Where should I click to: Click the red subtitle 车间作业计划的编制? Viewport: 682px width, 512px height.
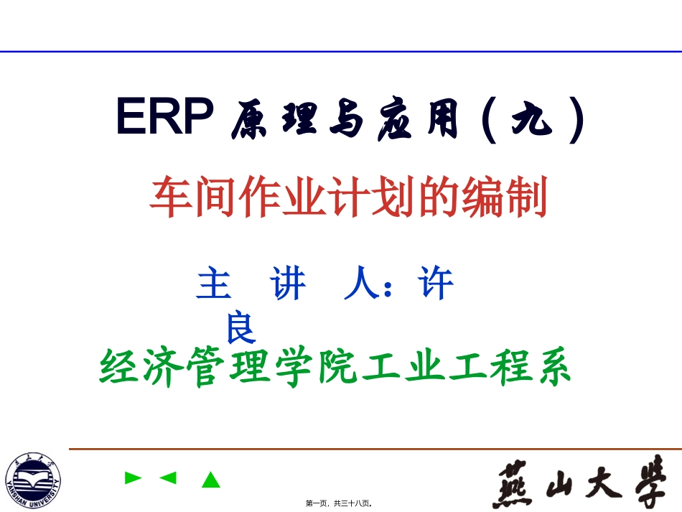(x=348, y=198)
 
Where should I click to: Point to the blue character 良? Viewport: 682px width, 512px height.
(x=240, y=328)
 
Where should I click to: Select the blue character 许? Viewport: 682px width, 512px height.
(x=437, y=284)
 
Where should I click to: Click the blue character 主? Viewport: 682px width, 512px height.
(x=213, y=284)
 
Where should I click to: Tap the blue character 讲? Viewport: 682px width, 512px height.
(x=289, y=284)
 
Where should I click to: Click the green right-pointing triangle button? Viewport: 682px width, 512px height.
(x=133, y=478)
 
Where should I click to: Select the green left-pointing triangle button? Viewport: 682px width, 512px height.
(x=168, y=478)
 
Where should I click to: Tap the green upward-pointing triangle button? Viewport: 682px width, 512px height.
(x=210, y=479)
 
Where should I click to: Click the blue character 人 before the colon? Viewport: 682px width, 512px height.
(x=362, y=284)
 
